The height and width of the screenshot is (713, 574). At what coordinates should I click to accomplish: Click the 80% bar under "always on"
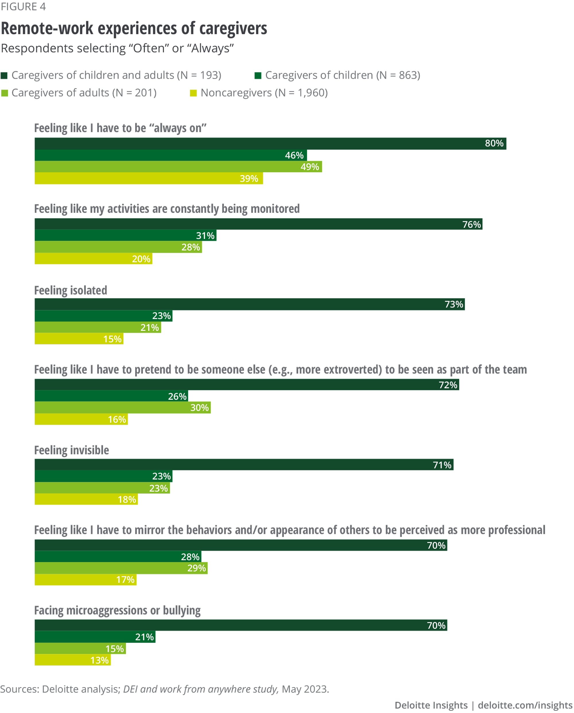tap(270, 144)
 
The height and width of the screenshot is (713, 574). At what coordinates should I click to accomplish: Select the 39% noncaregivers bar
tap(149, 178)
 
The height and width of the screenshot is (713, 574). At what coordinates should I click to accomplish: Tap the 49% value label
tap(310, 167)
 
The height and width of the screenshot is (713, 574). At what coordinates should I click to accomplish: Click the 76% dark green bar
tap(259, 224)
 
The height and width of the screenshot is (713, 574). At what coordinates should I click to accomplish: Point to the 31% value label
tap(205, 235)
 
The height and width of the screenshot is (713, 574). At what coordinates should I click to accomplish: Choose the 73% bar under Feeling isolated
tap(250, 304)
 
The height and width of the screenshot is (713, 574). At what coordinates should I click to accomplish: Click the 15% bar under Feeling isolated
tap(79, 339)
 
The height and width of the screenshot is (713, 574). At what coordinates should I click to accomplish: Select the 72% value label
tap(448, 385)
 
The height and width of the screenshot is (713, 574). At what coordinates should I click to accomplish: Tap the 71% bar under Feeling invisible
tap(244, 465)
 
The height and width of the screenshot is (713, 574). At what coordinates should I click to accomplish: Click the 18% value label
tap(127, 500)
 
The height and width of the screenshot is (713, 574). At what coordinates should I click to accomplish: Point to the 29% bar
tap(121, 568)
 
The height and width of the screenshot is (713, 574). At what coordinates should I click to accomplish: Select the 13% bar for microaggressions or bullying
tap(73, 660)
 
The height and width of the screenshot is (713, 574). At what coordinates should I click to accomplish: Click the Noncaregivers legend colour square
tap(193, 93)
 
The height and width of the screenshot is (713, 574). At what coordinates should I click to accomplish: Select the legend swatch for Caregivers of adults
tap(4, 93)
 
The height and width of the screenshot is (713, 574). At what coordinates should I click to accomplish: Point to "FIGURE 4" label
tap(23, 7)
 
